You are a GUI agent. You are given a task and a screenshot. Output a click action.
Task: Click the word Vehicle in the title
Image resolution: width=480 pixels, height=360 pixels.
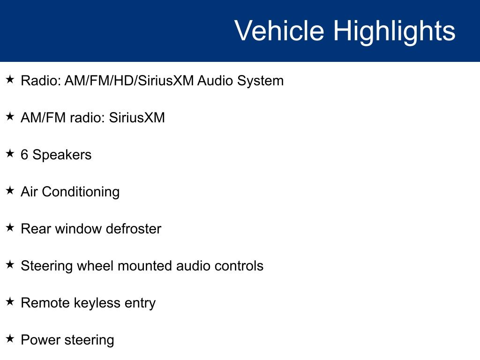(x=279, y=30)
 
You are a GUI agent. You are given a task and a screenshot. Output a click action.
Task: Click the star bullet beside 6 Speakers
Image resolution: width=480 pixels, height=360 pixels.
(x=10, y=153)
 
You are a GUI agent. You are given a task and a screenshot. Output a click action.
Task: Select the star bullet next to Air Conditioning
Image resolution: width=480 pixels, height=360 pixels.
(x=10, y=190)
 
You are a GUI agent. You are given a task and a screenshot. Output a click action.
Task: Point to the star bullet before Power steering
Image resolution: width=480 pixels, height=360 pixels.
(x=10, y=338)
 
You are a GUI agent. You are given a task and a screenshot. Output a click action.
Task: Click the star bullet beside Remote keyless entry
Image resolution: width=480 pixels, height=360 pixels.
(x=10, y=301)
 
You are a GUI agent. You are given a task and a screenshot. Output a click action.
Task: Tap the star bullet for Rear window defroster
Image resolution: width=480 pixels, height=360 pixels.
(x=10, y=227)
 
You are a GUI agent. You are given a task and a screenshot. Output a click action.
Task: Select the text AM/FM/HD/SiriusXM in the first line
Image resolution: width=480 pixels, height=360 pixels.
(x=129, y=81)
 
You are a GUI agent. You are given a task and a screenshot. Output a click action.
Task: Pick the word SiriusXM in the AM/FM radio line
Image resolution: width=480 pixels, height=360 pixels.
(x=137, y=118)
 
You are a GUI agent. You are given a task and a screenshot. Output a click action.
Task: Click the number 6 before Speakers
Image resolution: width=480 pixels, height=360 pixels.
(x=24, y=155)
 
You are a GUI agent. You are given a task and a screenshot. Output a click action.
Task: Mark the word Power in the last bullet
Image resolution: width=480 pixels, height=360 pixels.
(x=40, y=340)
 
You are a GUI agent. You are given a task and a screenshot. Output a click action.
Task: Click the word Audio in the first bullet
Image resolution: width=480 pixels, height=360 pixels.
(x=215, y=81)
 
